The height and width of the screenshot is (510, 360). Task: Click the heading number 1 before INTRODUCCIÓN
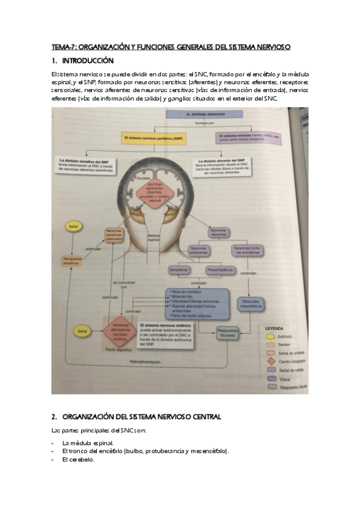pos(54,61)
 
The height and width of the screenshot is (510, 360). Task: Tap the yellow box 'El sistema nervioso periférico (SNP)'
pos(154,138)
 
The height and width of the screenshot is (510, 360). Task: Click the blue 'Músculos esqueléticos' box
pos(251,303)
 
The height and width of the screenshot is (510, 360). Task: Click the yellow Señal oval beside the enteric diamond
pos(82,330)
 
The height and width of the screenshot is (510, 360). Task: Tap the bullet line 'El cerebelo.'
pos(78,459)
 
